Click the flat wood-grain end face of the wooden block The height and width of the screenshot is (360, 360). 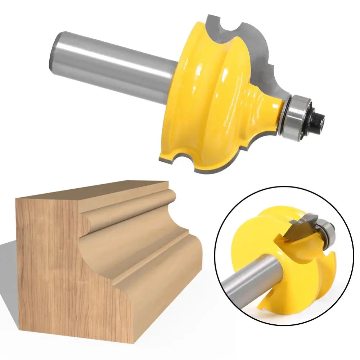[x=54, y=274]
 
